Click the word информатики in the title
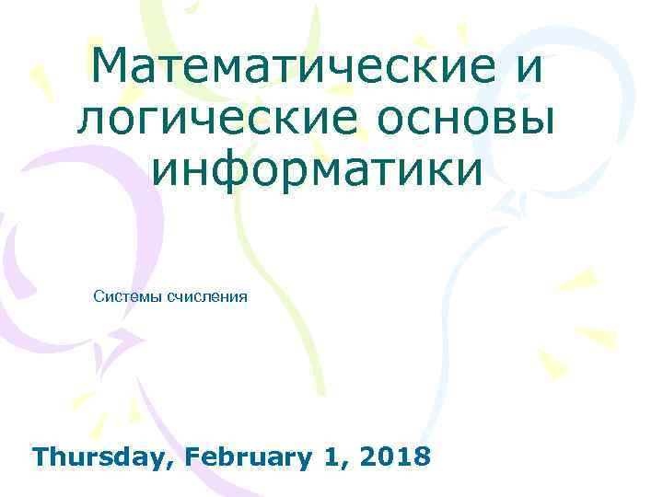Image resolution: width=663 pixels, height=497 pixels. (317, 171)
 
